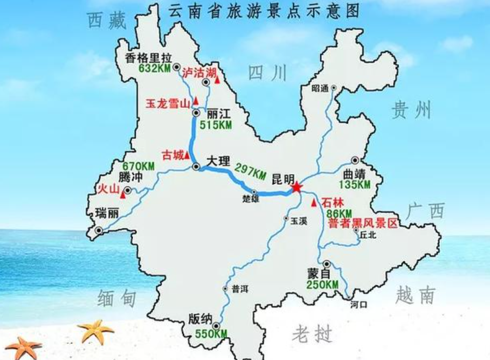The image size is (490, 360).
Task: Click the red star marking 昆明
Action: pos(296,188)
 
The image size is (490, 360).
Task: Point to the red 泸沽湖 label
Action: pos(197,72)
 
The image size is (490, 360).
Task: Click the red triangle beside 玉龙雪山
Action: pos(197,100)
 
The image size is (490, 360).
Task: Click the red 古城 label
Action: pos(172,155)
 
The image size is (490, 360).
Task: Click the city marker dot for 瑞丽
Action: pos(98,231)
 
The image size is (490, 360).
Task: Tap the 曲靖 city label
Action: pos(354,175)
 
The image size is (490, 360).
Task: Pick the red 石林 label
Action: pos(332,203)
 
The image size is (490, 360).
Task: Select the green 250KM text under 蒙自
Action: pos(322,284)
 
